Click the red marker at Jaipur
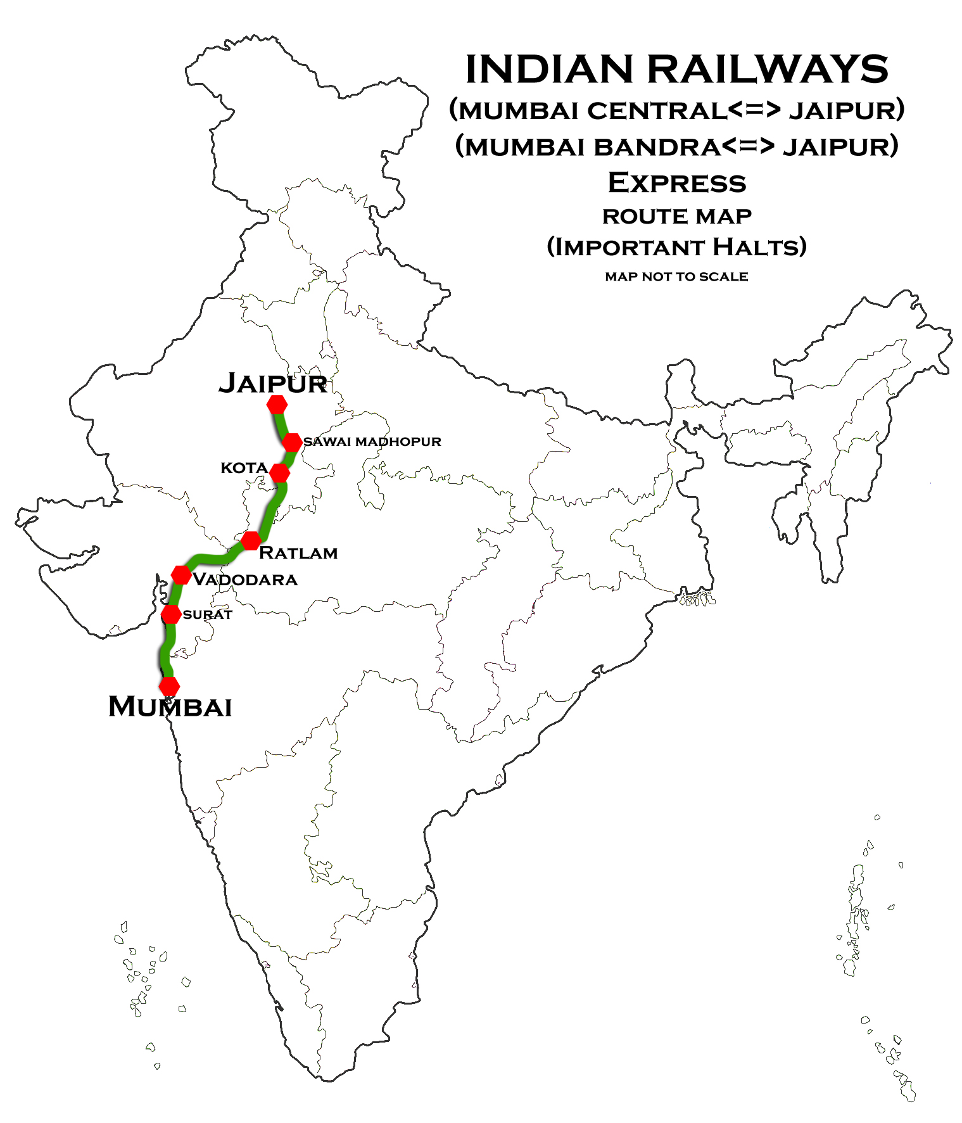tap(277, 404)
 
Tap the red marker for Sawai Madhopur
tap(292, 442)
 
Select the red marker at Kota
tap(279, 473)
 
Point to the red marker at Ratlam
tap(251, 540)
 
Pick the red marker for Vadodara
tap(181, 575)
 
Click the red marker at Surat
tap(170, 614)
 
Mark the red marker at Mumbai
tap(169, 686)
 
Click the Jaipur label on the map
tap(272, 384)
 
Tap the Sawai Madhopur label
tap(372, 441)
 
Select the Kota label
tap(244, 468)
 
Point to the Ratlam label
tap(298, 553)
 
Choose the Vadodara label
tap(245, 580)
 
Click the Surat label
tap(207, 614)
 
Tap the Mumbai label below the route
tap(170, 707)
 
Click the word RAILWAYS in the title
tap(768, 69)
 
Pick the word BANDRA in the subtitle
tap(656, 147)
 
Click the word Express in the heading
tap(677, 183)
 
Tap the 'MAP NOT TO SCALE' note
tap(676, 277)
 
